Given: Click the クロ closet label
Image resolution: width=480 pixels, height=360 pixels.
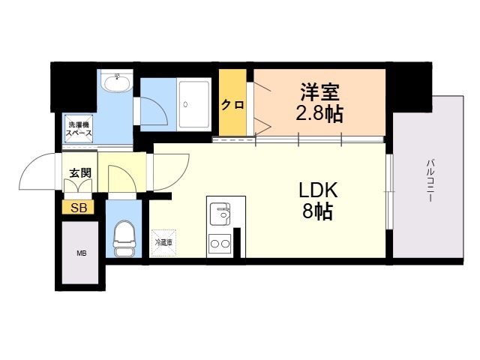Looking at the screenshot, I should [232, 105].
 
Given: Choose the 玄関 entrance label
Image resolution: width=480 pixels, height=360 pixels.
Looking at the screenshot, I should [80, 172].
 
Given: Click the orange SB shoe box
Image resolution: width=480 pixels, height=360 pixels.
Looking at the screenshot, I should [79, 208].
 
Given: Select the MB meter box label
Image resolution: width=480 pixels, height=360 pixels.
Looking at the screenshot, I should [81, 253].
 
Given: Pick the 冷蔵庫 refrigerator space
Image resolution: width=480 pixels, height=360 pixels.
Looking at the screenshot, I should [163, 241].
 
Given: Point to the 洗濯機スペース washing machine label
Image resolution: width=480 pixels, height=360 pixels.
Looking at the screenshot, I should [79, 128].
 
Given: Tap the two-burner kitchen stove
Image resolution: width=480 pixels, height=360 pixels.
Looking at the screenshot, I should [220, 243].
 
